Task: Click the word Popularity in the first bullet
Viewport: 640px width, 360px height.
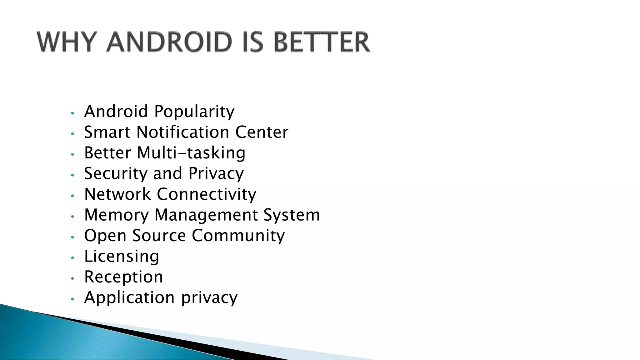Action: pos(194,112)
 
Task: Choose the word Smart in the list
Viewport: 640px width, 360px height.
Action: pos(107,132)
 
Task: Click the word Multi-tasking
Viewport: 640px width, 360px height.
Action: pos(191,153)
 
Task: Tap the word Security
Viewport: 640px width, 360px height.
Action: pos(116,174)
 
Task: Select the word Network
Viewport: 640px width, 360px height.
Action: pos(117,194)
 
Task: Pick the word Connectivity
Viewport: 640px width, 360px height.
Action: pos(206,194)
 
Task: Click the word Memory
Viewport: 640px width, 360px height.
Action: pos(116,215)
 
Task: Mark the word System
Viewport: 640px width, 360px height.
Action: pos(292,215)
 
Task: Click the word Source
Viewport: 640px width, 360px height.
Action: pos(159,235)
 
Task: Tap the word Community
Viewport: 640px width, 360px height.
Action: pos(238,236)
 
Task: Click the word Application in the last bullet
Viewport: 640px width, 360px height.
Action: pos(129,297)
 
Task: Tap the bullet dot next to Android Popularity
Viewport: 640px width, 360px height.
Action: pos(72,113)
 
